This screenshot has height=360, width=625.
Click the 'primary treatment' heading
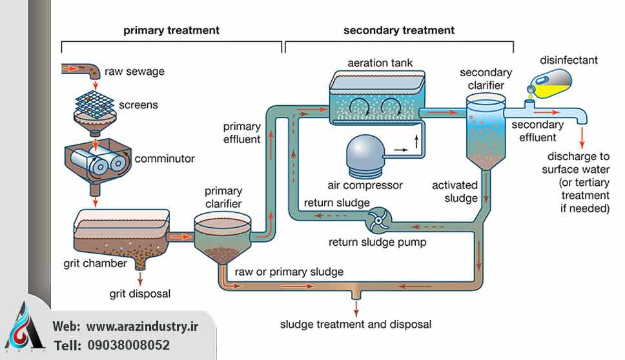point(171,30)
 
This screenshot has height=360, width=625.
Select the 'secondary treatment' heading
point(398,30)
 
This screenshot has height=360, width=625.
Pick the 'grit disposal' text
point(139,294)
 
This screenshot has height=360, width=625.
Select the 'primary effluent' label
point(242,132)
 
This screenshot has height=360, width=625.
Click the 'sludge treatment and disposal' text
point(355,324)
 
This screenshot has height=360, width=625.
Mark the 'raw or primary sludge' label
point(289,272)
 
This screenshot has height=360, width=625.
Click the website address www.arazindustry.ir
point(143,326)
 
